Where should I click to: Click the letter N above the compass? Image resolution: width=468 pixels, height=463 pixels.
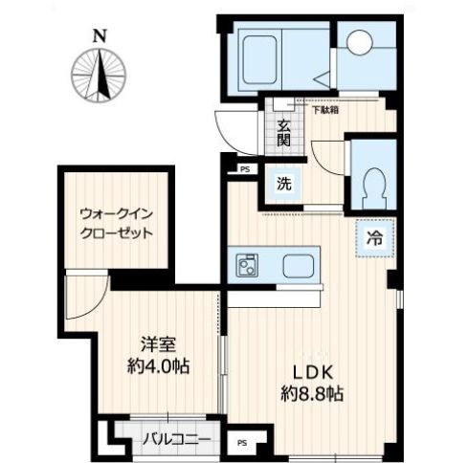[99, 36]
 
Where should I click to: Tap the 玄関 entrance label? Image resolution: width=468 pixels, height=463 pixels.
[283, 131]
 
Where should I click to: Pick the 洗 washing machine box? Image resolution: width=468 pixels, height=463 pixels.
[284, 182]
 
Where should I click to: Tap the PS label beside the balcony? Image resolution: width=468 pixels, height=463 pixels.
[242, 444]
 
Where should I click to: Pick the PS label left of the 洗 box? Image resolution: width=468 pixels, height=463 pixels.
[246, 168]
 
